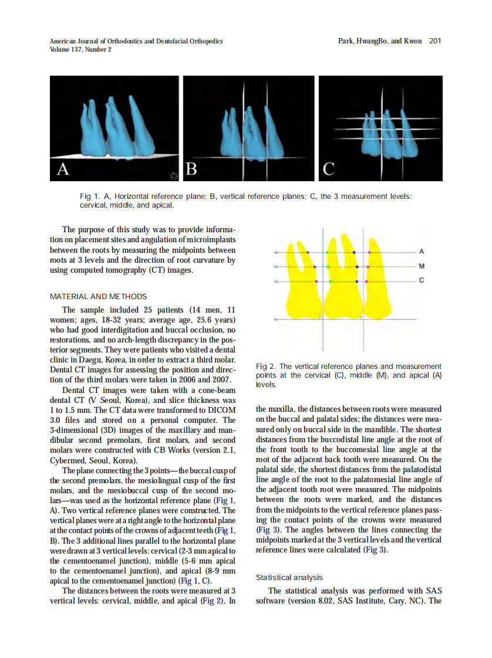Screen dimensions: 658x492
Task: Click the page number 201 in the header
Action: [x=435, y=41]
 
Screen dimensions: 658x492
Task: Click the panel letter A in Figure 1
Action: [x=63, y=169]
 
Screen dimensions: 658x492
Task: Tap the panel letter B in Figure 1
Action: [x=191, y=169]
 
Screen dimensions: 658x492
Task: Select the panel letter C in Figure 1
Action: [x=328, y=169]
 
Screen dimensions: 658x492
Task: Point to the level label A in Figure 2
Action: [x=421, y=252]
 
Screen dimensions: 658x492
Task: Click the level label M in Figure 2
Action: [x=421, y=266]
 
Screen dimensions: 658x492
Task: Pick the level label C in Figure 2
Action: [x=421, y=281]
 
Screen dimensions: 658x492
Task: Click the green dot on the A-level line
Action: [x=328, y=252]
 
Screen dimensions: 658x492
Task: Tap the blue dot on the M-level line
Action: [x=357, y=267]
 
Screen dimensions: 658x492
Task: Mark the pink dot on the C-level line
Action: [x=369, y=281]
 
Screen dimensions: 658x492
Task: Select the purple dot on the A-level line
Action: [x=308, y=252]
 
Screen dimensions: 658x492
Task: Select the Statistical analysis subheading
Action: [x=289, y=578]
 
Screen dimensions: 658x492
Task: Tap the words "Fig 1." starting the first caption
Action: [x=90, y=196]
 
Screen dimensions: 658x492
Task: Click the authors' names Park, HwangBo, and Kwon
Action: [x=380, y=41]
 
